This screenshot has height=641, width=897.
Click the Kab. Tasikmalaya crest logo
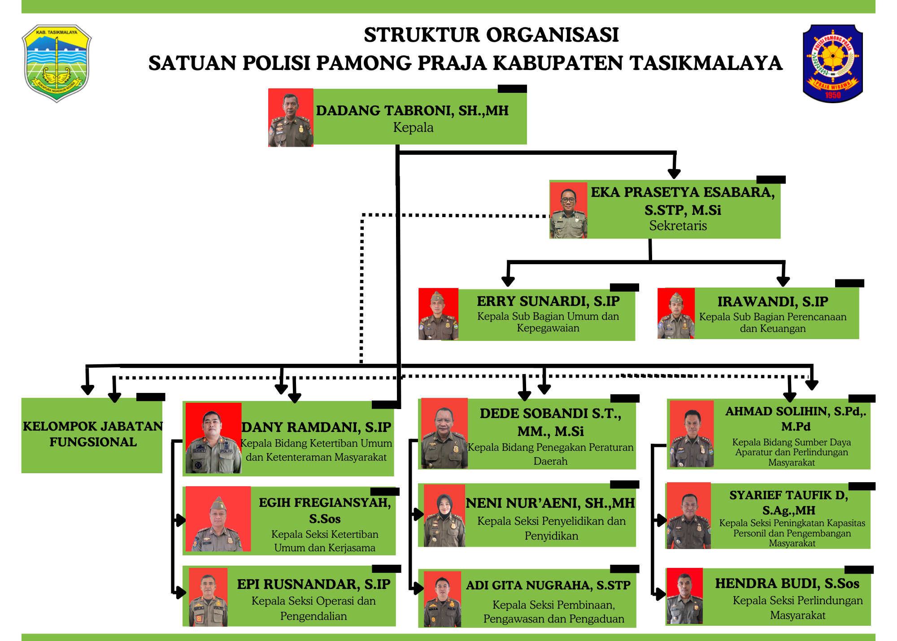[57, 63]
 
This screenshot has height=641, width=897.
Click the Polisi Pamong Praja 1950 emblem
[832, 63]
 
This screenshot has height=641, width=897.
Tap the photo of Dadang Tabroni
[291, 118]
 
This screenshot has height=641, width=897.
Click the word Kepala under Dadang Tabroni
[413, 128]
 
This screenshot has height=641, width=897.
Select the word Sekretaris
[678, 226]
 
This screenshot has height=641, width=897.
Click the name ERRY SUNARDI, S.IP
[548, 301]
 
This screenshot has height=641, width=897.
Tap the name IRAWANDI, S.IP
[772, 302]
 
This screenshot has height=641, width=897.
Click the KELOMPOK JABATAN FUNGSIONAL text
[93, 434]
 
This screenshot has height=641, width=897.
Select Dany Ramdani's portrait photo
[213, 438]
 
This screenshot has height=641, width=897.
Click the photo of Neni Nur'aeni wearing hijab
[444, 516]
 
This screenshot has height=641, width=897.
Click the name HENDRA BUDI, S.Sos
[787, 584]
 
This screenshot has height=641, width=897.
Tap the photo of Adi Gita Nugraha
[442, 599]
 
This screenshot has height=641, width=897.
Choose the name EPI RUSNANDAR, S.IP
[314, 584]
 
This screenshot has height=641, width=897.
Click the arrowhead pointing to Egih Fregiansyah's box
[180, 521]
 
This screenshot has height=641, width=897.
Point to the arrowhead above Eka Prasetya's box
[674, 173]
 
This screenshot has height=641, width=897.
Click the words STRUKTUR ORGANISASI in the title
[491, 35]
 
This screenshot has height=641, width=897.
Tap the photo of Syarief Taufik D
[689, 516]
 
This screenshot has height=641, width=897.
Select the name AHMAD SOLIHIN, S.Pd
[795, 412]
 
